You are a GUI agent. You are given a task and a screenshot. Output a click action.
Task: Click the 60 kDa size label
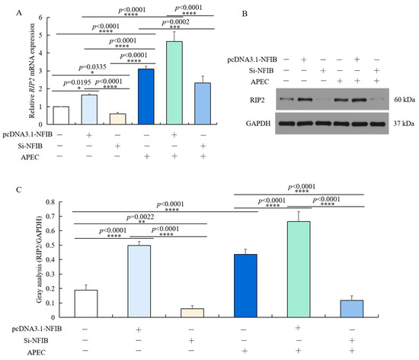coord(395,99)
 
